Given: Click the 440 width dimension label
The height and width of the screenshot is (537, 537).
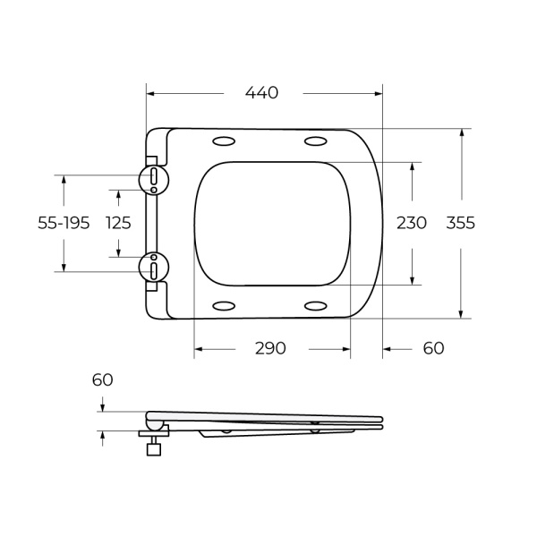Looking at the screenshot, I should click(262, 92).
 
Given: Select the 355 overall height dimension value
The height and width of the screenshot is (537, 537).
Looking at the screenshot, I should click(460, 223).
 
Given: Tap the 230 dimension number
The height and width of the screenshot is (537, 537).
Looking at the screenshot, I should click(411, 223).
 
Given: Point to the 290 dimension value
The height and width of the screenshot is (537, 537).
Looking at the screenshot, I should click(269, 348).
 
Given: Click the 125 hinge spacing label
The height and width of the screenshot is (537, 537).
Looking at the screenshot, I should click(118, 223).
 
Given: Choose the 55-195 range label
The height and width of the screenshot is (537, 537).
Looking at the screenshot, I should click(64, 223).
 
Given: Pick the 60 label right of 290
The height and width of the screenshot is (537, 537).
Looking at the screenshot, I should click(433, 348).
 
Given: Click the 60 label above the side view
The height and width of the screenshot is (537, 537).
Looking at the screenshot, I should click(103, 379).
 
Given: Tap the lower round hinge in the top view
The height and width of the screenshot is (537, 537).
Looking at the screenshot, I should click(154, 267).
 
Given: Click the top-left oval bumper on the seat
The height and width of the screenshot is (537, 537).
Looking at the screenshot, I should click(223, 141).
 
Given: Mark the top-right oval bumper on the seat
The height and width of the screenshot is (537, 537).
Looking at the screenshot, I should click(315, 141).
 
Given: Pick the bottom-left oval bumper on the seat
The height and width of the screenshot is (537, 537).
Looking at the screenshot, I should click(223, 305).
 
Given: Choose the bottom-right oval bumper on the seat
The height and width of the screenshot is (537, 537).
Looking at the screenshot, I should click(315, 305).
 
